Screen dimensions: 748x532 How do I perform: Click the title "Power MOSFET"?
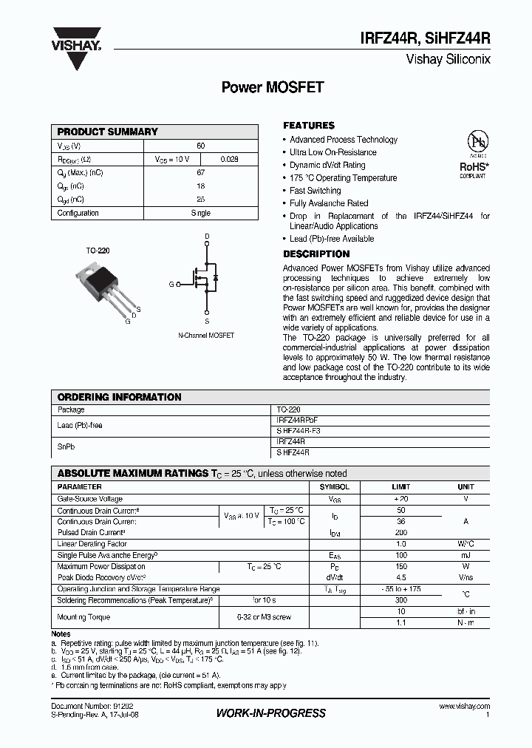[273, 86]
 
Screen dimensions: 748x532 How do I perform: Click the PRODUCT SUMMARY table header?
[108, 132]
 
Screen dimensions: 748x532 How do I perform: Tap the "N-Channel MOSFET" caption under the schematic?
[206, 336]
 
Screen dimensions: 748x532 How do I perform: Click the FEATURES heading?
[309, 126]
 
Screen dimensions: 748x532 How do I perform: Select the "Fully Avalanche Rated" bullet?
[329, 203]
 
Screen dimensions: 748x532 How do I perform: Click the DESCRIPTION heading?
[316, 254]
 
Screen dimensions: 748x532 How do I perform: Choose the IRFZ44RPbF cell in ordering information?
[297, 420]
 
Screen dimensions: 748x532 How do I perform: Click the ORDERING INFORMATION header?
[119, 397]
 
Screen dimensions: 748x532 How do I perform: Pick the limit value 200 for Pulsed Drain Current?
[400, 532]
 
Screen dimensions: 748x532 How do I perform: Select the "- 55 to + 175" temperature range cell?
[400, 589]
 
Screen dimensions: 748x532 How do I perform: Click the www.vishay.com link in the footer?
[463, 707]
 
